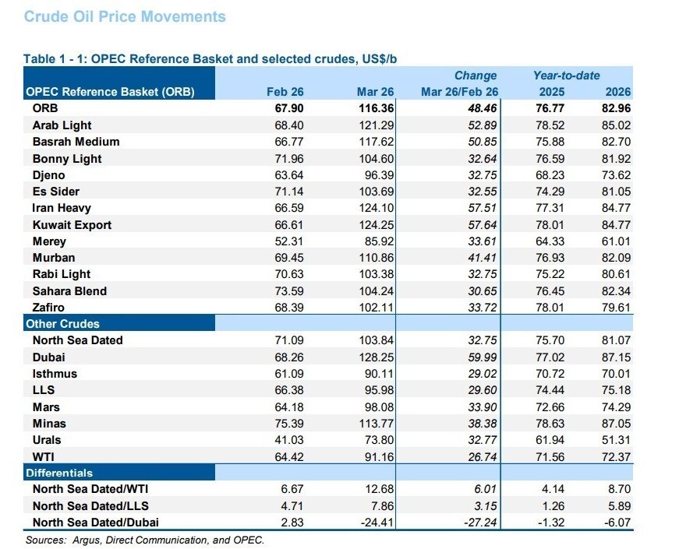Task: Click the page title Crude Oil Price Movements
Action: [x=125, y=16]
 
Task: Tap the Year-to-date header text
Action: [x=566, y=76]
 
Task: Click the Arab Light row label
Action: [x=62, y=125]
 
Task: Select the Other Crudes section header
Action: [x=62, y=323]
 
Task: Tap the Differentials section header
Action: [x=59, y=473]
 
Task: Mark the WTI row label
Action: [x=43, y=457]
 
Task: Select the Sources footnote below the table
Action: [x=144, y=540]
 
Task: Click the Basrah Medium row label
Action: [x=76, y=142]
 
